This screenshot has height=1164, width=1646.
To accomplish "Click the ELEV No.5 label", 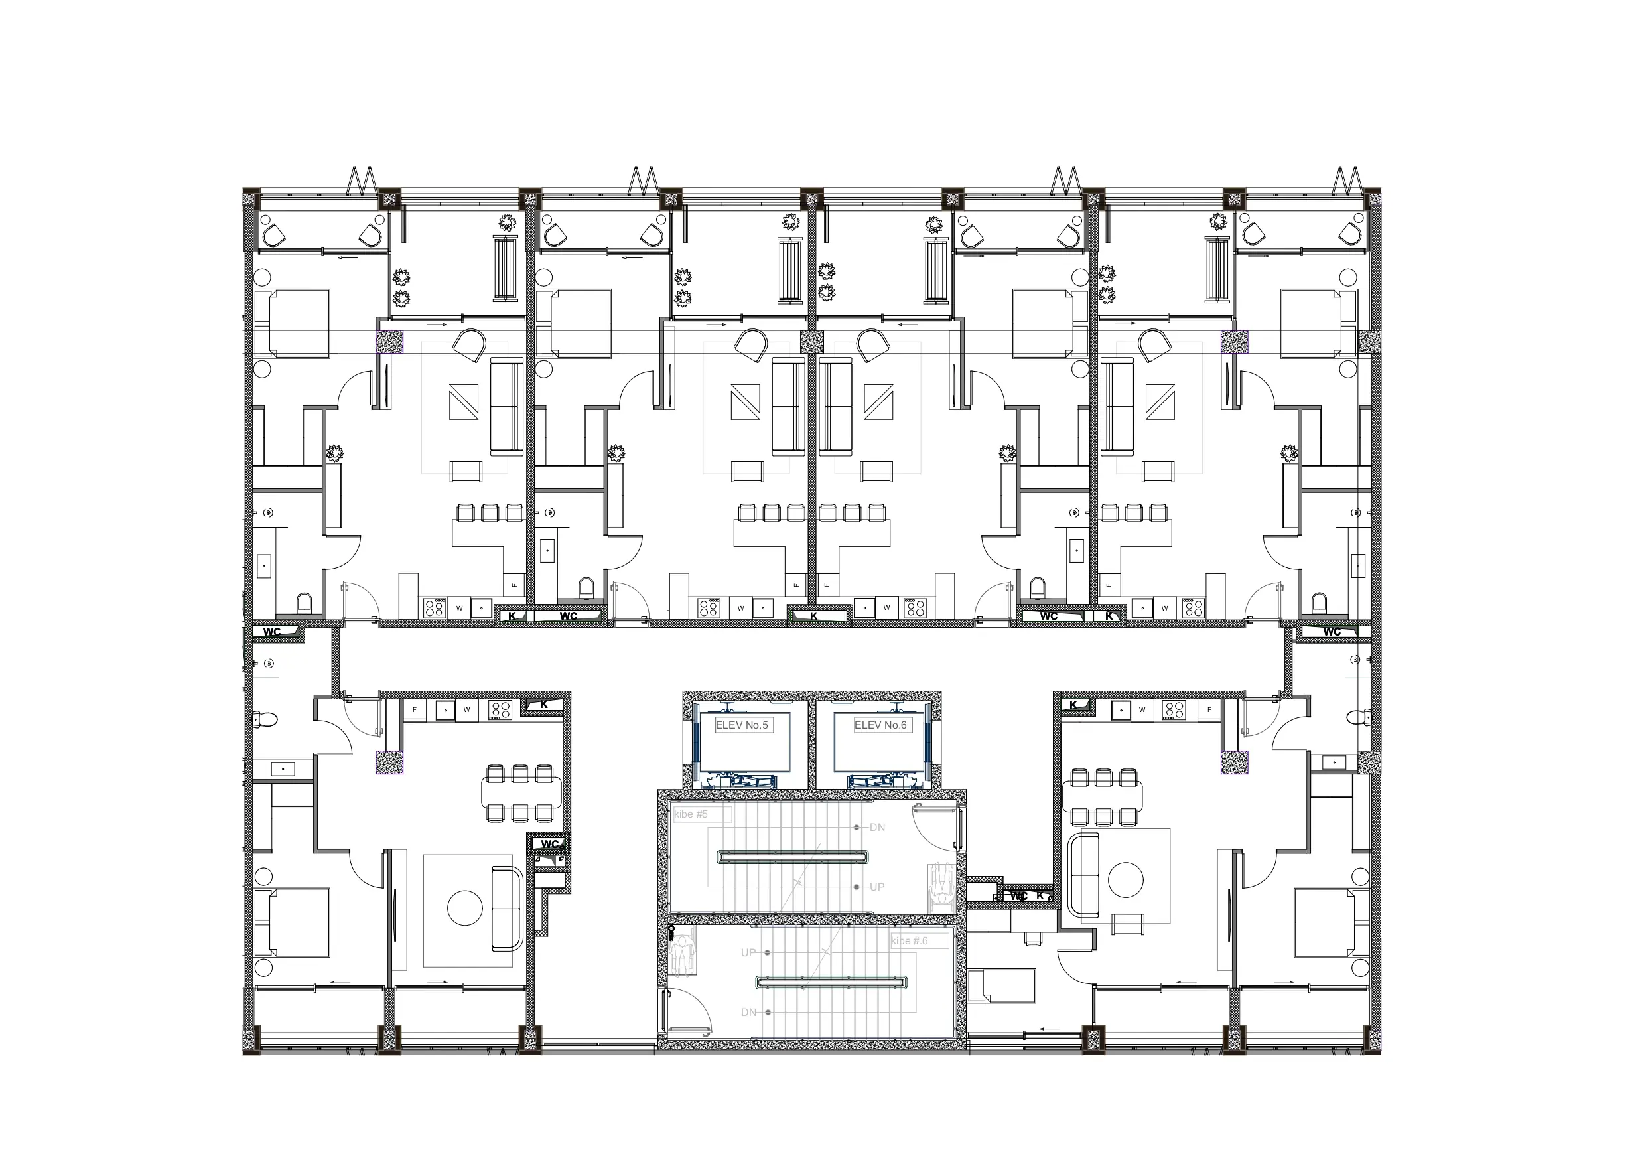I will coord(741,725).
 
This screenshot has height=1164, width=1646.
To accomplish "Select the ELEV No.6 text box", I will coord(880,725).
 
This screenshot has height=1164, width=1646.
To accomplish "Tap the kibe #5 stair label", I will coord(691,814).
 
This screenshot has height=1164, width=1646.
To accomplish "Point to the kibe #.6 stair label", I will coord(910,941).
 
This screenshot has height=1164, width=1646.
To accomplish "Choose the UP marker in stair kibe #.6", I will coord(748,952).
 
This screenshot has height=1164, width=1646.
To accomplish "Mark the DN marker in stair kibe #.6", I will coord(748,1013).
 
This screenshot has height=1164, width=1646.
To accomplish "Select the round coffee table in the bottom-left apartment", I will coord(464,908).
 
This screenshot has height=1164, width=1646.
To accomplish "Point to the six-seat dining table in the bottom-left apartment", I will coord(521,792).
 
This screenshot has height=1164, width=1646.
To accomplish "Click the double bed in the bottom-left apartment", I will coord(293,922).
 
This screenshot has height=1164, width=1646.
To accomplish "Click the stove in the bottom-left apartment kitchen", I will coord(500,710).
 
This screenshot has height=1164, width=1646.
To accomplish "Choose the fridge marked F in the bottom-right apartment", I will coord(1209,710).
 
